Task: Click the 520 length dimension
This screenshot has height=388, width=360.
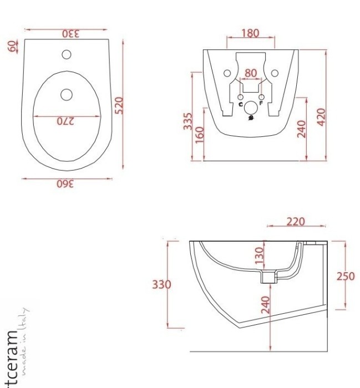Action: click(118, 105)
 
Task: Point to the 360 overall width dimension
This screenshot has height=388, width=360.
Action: click(68, 185)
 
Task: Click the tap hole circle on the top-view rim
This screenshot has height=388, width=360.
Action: click(67, 54)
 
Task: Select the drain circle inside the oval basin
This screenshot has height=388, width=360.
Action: click(67, 94)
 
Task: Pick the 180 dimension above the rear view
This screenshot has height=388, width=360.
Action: click(250, 33)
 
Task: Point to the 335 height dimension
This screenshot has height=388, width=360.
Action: click(188, 121)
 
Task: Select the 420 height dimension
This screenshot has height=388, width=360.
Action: click(321, 116)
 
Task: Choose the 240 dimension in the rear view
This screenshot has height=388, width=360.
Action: click(301, 128)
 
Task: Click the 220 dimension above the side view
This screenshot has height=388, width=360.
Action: click(296, 222)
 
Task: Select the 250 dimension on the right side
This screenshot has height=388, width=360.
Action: click(346, 276)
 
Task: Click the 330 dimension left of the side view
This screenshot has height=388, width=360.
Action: click(161, 285)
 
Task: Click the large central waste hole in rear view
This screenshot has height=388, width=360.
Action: click(251, 108)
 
